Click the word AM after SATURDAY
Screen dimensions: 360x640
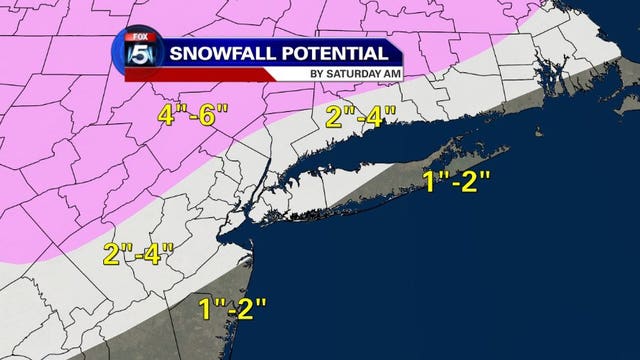pyautogui.click(x=386, y=73)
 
